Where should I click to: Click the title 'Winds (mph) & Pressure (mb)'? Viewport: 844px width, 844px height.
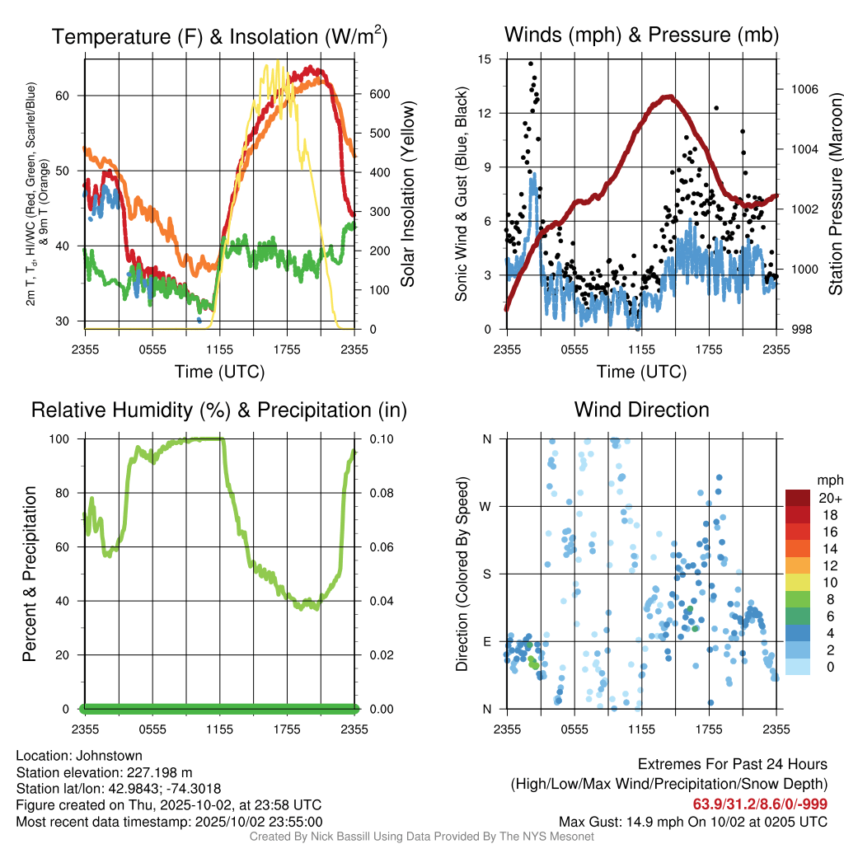click(x=641, y=35)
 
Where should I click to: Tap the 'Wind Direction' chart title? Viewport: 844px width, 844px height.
click(x=641, y=409)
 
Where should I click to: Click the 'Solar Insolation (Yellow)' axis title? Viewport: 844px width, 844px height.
click(x=408, y=195)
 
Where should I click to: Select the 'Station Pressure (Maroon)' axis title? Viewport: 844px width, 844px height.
click(x=835, y=195)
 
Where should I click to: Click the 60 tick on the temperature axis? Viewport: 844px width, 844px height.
click(x=73, y=96)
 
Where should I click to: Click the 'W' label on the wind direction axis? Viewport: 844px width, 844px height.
click(x=487, y=506)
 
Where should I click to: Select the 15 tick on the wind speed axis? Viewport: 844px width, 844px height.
click(x=485, y=59)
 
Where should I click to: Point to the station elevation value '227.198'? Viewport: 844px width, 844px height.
click(x=156, y=772)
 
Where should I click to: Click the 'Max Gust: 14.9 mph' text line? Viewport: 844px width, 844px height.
click(x=692, y=822)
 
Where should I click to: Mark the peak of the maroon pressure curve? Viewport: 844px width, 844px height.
click(x=669, y=96)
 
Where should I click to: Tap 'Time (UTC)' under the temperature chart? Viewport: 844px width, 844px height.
click(x=219, y=372)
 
